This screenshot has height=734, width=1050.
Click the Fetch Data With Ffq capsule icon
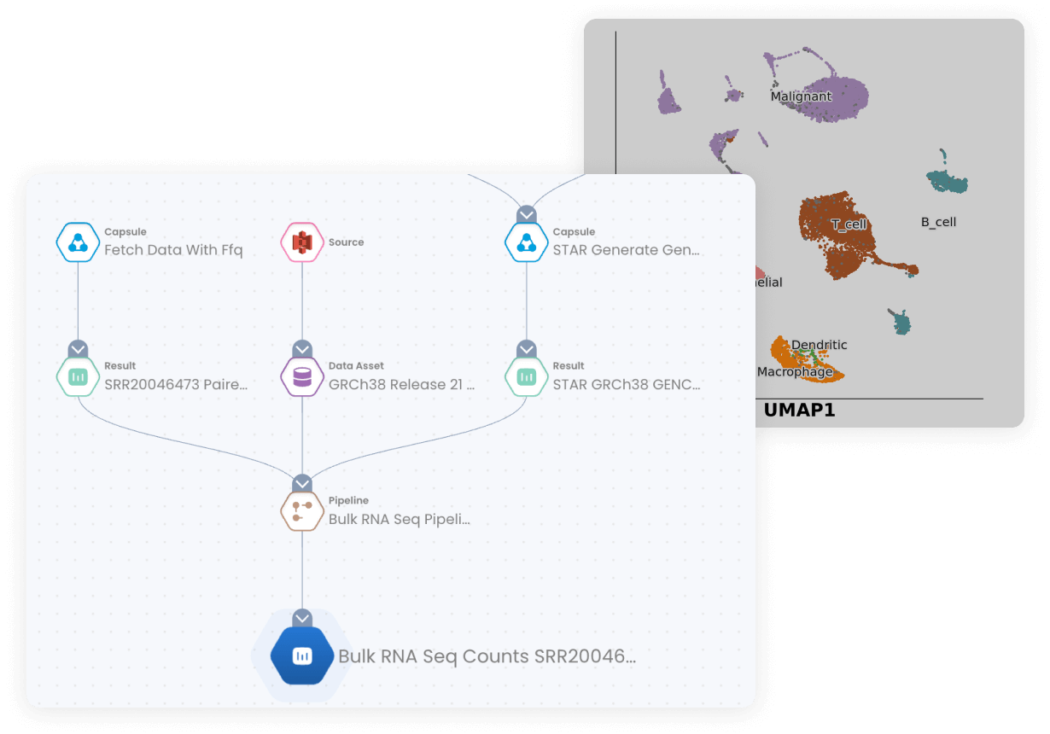[78, 242]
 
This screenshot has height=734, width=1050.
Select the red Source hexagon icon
[302, 242]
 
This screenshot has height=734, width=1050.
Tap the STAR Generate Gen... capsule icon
[527, 242]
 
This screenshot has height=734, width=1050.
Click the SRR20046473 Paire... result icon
[78, 376]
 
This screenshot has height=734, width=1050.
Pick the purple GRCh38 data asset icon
[302, 376]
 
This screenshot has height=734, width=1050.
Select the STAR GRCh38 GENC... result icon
[527, 376]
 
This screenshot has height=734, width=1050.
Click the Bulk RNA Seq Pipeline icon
[302, 510]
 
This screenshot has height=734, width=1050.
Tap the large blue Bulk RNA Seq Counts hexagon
[301, 655]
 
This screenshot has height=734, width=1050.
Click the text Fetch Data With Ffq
[173, 250]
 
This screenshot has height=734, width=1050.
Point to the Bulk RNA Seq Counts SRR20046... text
[487, 656]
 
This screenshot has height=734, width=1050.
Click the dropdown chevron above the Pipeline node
[302, 484]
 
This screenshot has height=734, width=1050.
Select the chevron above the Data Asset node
[302, 349]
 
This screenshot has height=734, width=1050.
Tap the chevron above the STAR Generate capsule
[527, 214]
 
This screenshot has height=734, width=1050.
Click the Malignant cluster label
[801, 96]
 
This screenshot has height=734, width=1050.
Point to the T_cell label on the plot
[849, 224]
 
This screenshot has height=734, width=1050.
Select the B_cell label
[938, 222]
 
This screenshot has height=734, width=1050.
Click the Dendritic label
[819, 345]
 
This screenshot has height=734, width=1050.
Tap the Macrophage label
[795, 372]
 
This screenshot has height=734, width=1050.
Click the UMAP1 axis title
[799, 411]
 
